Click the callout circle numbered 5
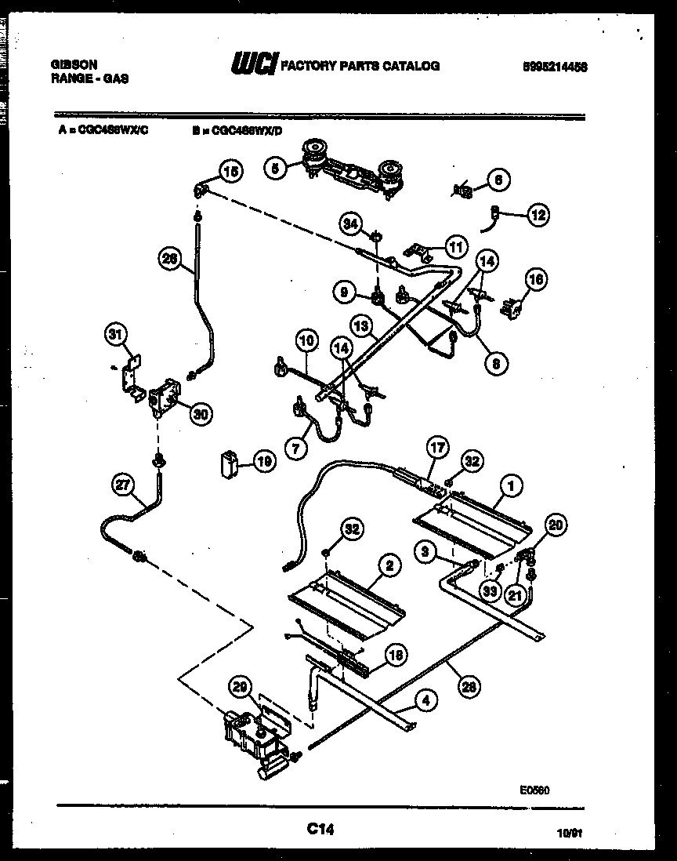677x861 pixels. pyautogui.click(x=275, y=169)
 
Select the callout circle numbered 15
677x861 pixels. pyautogui.click(x=230, y=171)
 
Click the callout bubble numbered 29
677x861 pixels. pyautogui.click(x=241, y=688)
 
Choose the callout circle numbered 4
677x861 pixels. pyautogui.click(x=425, y=703)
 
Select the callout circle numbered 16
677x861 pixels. pyautogui.click(x=537, y=279)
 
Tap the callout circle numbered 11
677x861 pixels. pyautogui.click(x=454, y=245)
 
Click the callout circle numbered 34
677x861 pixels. pyautogui.click(x=351, y=226)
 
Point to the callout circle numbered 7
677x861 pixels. pyautogui.click(x=297, y=449)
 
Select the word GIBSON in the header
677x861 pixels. pyautogui.click(x=74, y=66)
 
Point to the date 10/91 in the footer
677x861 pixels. pyautogui.click(x=570, y=837)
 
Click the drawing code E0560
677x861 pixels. pyautogui.click(x=533, y=791)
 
